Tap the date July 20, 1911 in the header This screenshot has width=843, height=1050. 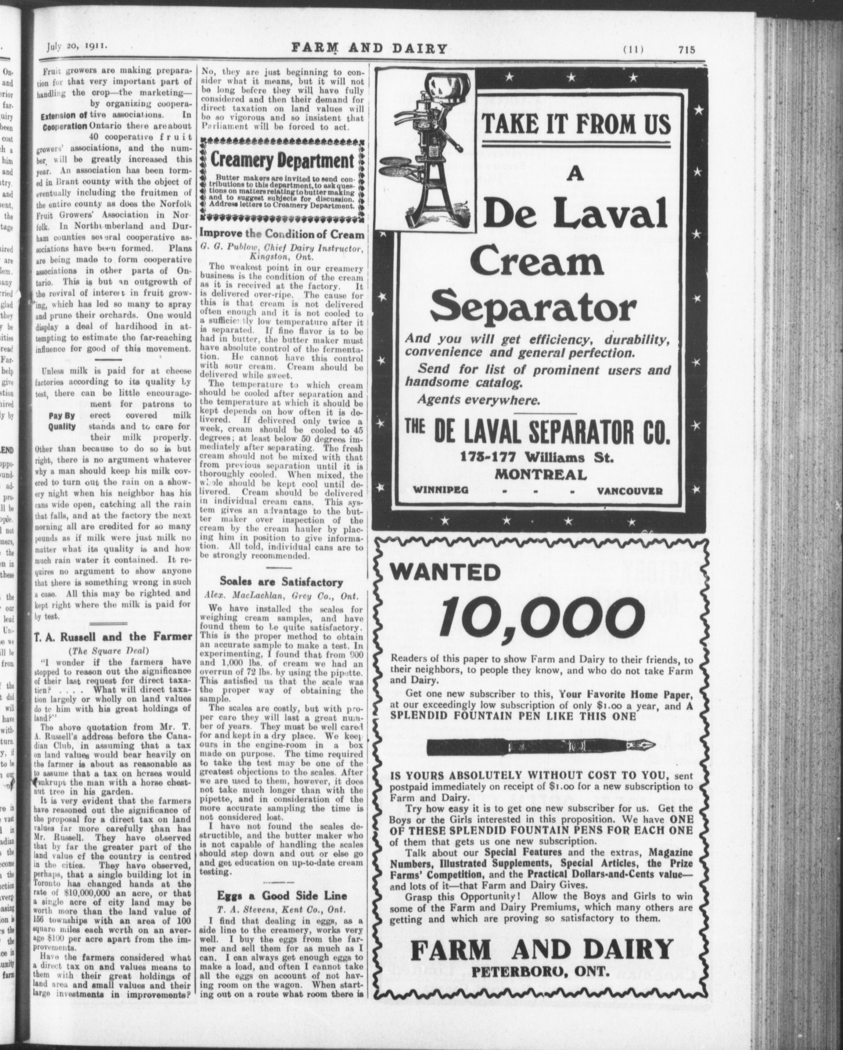pos(77,47)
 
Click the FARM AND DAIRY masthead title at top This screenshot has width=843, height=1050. pos(370,48)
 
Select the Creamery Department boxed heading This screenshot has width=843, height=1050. pos(283,160)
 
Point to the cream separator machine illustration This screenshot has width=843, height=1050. pos(429,150)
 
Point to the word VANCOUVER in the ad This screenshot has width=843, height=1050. pos(629,491)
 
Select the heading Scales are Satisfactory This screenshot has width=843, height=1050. pos(281,582)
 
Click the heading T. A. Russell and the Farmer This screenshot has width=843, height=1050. pos(113,637)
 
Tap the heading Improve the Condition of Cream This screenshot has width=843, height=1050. pos(283,235)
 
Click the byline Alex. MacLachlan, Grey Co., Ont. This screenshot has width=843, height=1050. pos(281,596)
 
